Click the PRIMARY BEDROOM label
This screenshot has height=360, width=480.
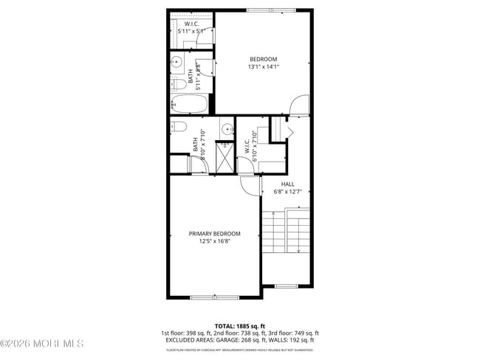(x=214, y=233)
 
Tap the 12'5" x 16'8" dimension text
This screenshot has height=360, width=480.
(x=214, y=241)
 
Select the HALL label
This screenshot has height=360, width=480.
(x=287, y=184)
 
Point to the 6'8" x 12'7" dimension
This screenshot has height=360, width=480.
(x=287, y=193)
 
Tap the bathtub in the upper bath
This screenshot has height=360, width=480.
(x=189, y=103)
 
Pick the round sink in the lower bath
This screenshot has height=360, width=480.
(x=225, y=129)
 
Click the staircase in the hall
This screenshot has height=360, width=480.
(x=287, y=230)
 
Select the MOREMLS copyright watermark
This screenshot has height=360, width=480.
(x=42, y=344)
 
